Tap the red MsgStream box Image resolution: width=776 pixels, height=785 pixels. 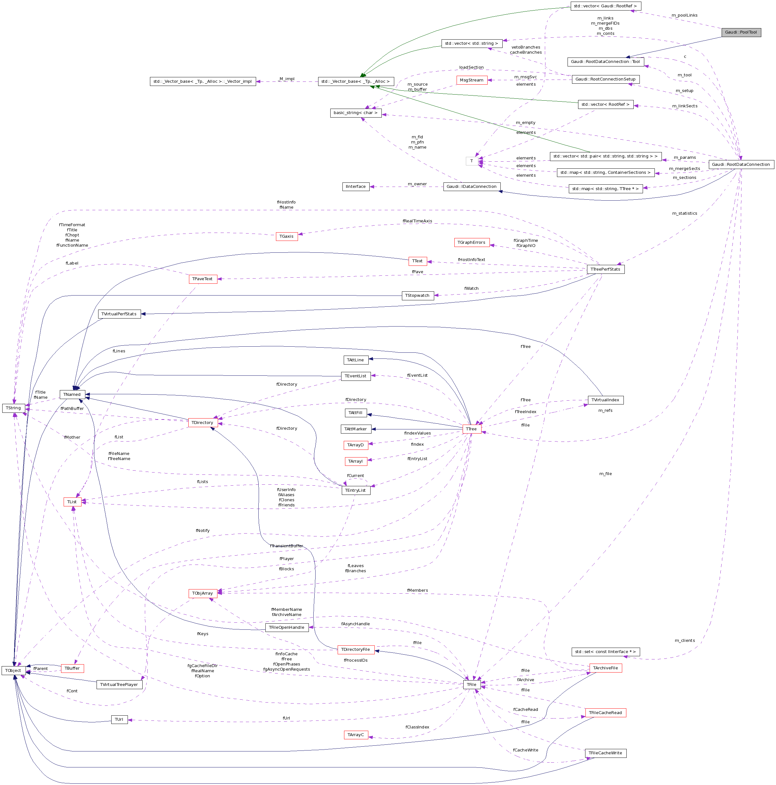[471, 80]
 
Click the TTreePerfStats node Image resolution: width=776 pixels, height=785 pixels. [605, 269]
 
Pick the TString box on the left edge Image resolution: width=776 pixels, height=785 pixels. [13, 408]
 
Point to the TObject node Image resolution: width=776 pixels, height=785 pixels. [13, 670]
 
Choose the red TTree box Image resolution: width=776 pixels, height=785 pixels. [471, 429]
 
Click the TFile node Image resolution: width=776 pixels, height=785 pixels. [471, 685]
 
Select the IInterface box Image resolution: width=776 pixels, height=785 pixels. [356, 187]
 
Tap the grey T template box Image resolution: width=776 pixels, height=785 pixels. [471, 161]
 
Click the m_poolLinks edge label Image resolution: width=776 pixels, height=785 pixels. [684, 15]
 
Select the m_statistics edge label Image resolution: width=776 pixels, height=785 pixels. [684, 213]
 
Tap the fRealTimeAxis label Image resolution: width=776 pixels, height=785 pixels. [417, 221]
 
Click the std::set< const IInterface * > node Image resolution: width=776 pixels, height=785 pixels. [605, 652]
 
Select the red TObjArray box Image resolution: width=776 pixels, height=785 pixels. [202, 593]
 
